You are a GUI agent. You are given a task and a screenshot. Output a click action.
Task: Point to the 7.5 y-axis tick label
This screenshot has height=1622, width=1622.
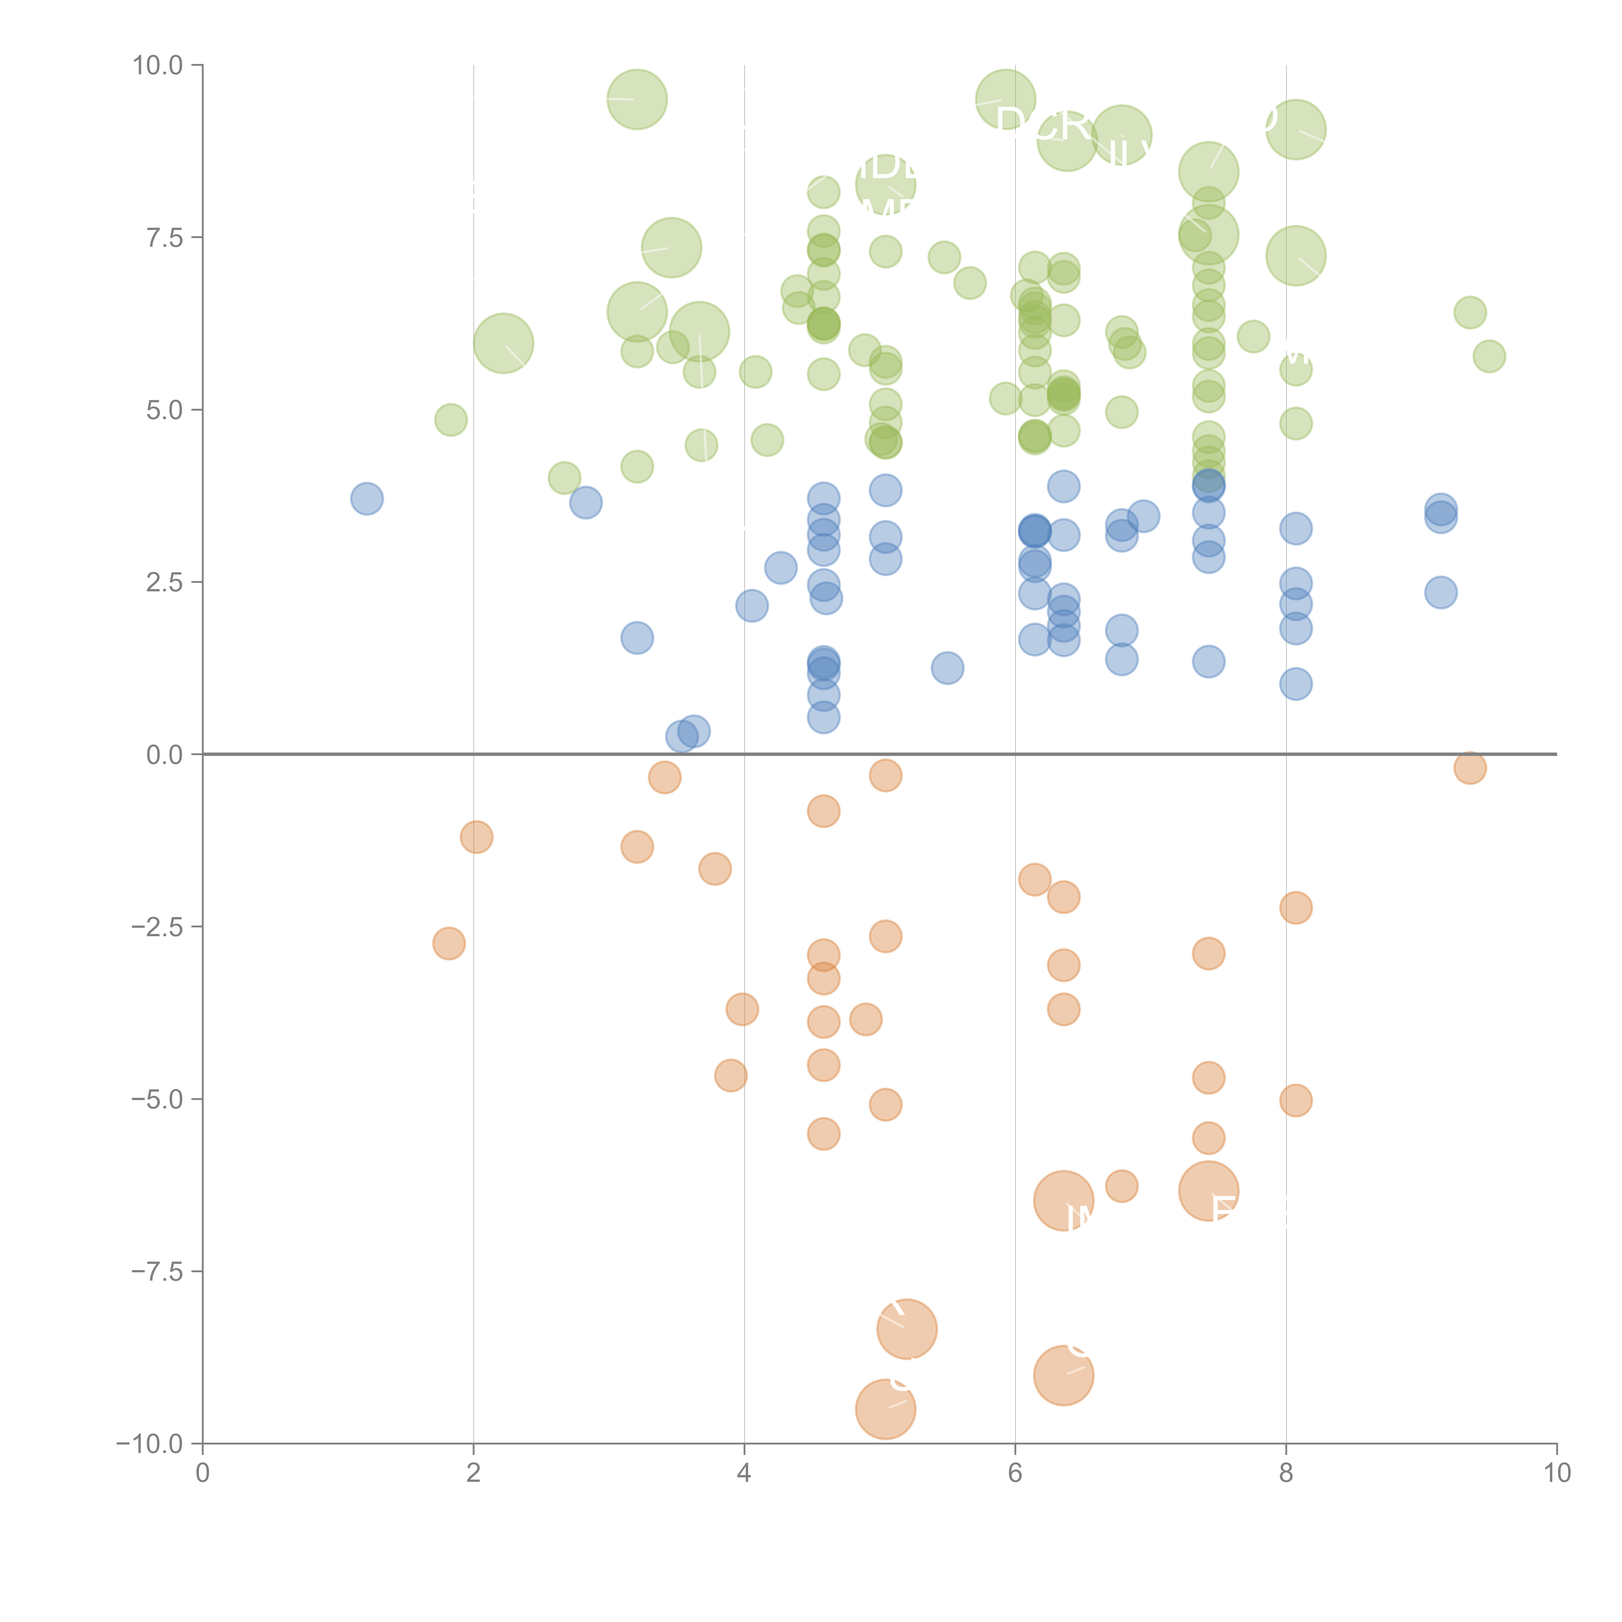[164, 237]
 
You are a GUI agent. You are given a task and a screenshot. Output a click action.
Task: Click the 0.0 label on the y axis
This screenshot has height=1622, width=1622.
[164, 755]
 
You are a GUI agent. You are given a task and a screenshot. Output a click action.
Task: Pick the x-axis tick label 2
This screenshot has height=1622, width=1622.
[474, 1473]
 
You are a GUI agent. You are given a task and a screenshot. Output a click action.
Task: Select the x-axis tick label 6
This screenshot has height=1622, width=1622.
[1015, 1473]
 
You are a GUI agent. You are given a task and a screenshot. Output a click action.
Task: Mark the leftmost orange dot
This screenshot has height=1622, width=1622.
[449, 944]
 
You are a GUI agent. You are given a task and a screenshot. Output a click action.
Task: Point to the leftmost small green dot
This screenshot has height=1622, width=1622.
[451, 420]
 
